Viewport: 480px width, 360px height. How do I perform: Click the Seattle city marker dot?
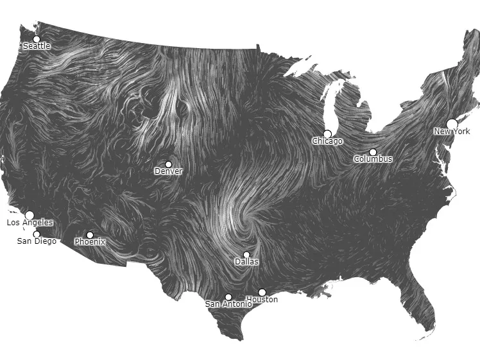(36, 39)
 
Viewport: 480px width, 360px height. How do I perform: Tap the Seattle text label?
(37, 46)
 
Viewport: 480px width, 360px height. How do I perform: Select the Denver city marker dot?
(169, 164)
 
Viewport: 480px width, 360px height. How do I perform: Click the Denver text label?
(168, 171)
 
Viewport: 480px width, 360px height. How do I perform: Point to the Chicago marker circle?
(327, 134)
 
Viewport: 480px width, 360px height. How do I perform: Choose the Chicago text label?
(327, 141)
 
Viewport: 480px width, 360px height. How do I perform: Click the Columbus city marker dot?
(373, 152)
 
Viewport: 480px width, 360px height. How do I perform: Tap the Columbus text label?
(373, 159)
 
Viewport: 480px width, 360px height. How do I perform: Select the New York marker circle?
(452, 124)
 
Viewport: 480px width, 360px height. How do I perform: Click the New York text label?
(452, 132)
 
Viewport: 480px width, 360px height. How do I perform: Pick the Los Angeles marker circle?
(29, 216)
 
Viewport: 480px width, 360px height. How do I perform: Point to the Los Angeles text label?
(30, 223)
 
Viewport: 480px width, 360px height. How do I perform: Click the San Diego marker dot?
(37, 234)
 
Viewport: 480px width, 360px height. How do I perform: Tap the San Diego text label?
(37, 241)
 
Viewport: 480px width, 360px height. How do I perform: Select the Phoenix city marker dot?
(90, 235)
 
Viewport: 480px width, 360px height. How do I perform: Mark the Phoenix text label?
(90, 242)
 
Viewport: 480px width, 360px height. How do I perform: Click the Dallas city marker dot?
(246, 255)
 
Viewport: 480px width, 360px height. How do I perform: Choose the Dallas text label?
(246, 262)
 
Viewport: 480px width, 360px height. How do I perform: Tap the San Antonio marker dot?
(228, 297)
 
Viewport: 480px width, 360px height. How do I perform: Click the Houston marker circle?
(262, 293)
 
